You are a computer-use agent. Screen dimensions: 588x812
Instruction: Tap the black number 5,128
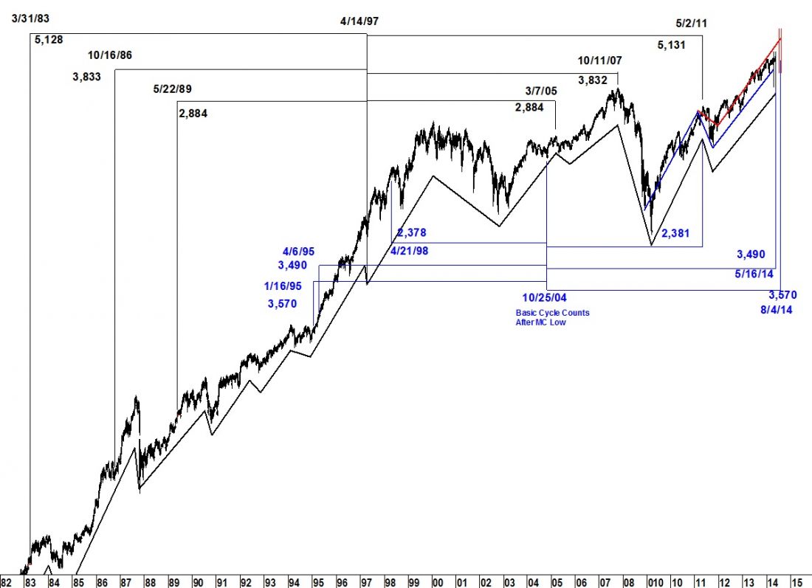coord(48,38)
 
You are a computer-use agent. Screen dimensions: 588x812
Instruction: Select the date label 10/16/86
coord(109,55)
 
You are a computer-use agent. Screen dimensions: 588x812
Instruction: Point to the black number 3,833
coord(87,75)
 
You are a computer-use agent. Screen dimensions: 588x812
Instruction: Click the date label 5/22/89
coord(172,89)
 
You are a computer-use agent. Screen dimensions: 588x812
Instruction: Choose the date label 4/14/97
coord(359,21)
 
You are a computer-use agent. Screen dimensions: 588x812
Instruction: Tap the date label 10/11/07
coord(600,60)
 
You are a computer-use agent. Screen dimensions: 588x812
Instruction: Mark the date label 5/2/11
coord(692,23)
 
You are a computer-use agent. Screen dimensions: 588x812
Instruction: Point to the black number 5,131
coord(672,45)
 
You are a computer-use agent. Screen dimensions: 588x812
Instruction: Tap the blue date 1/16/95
coord(289,286)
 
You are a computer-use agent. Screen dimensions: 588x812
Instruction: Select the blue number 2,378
coord(412,233)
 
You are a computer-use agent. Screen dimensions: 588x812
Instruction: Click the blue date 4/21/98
coord(407,250)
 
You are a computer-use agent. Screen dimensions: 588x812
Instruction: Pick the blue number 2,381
coord(676,234)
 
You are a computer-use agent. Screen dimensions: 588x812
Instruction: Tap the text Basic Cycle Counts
coord(552,313)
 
